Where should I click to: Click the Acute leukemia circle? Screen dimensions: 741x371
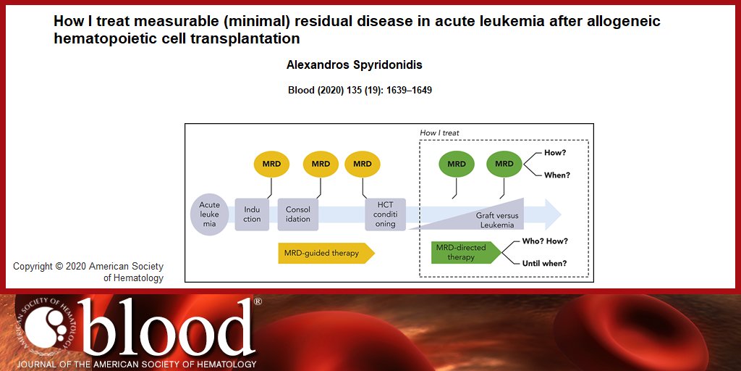tap(210, 214)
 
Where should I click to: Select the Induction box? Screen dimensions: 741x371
tap(252, 214)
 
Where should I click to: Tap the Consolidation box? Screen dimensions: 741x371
tap(298, 214)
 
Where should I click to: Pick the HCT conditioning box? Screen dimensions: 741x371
tap(385, 214)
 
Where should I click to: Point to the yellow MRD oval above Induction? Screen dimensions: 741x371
tap(271, 164)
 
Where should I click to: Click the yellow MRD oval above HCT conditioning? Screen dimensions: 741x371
tap(363, 164)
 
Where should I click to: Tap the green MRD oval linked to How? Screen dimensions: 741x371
tap(504, 164)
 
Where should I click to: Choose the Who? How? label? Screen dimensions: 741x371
tap(545, 241)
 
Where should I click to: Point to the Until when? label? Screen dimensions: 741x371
tap(544, 263)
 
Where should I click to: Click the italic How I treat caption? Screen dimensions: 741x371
tap(439, 133)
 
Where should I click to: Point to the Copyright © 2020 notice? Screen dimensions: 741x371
tap(88, 272)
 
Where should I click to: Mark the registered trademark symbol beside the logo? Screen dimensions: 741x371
tap(258, 301)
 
